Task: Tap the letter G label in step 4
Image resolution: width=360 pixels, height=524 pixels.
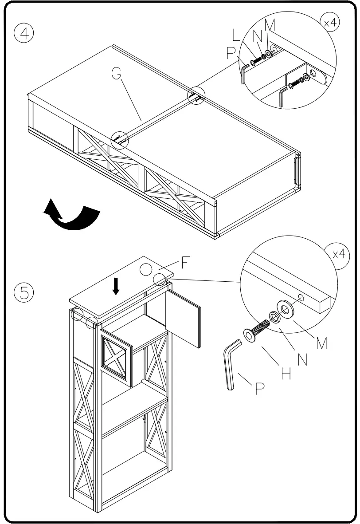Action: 116,74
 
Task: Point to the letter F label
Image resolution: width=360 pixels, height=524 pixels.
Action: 185,263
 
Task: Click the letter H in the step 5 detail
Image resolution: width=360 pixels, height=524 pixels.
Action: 286,373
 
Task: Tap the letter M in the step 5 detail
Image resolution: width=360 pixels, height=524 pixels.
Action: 321,342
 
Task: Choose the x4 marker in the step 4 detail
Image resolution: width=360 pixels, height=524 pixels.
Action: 329,24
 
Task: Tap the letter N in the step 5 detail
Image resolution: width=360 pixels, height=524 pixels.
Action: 303,359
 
